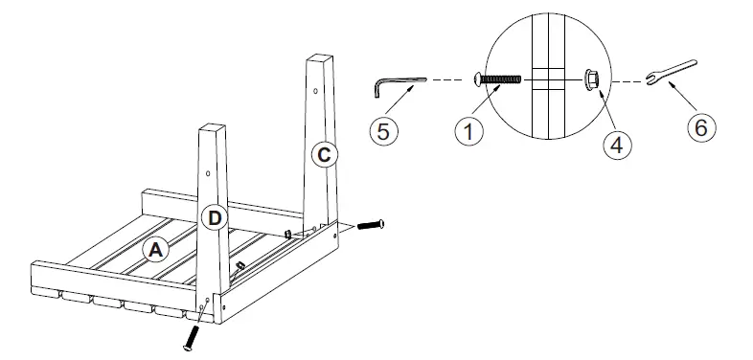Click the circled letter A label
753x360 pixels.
[155, 250]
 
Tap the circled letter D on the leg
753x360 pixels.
[216, 218]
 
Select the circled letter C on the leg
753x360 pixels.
[324, 153]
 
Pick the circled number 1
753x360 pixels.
[468, 131]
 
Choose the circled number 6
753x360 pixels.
[702, 127]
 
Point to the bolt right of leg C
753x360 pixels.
[371, 226]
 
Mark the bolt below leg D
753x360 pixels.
[193, 336]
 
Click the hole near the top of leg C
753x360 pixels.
[317, 91]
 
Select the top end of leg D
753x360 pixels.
[215, 127]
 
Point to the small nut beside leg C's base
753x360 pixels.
[287, 232]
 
